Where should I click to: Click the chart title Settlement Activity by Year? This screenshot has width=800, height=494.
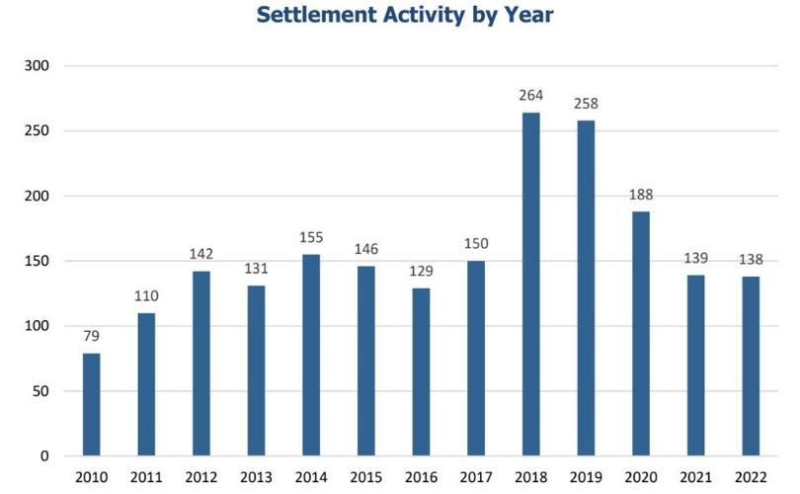404,16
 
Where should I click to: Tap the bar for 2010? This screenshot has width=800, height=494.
92,404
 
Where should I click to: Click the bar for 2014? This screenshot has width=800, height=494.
311,355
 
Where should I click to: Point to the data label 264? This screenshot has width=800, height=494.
531,97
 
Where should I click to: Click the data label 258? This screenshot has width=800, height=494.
586,103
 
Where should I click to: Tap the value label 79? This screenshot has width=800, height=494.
92,336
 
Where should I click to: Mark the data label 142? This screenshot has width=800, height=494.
201,253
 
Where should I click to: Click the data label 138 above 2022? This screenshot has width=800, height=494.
751,257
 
